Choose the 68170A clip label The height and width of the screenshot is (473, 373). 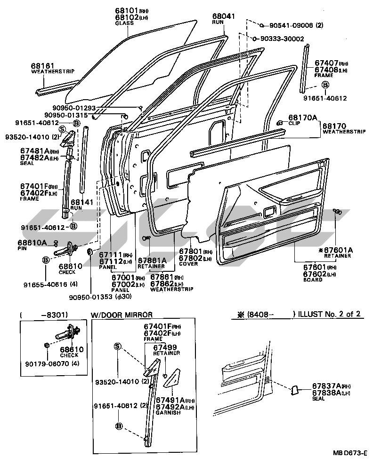pyautogui.click(x=303, y=117)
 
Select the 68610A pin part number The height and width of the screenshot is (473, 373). pyautogui.click(x=32, y=242)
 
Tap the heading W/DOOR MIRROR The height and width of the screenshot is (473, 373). pyautogui.click(x=121, y=315)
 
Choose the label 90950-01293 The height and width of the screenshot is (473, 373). pyautogui.click(x=114, y=108)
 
